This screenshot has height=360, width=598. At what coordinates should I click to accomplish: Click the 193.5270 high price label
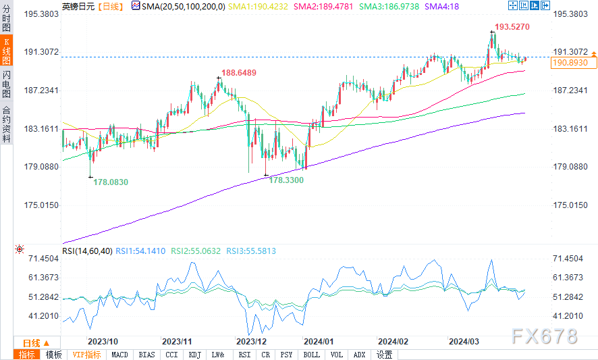click(x=511, y=28)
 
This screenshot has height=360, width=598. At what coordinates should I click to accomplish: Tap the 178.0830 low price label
click(x=110, y=182)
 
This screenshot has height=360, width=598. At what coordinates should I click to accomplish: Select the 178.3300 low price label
click(x=286, y=180)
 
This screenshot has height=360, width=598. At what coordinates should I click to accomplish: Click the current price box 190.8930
click(x=570, y=63)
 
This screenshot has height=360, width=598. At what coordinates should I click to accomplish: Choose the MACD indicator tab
click(x=119, y=355)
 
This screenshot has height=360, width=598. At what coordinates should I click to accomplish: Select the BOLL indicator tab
click(x=311, y=355)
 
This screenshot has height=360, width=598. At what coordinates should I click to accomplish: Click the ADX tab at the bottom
click(x=359, y=355)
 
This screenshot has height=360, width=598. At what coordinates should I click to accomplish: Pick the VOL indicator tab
click(x=335, y=355)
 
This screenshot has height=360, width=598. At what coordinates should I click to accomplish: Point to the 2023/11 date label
click(x=178, y=342)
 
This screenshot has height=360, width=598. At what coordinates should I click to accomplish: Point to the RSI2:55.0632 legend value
click(x=196, y=251)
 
